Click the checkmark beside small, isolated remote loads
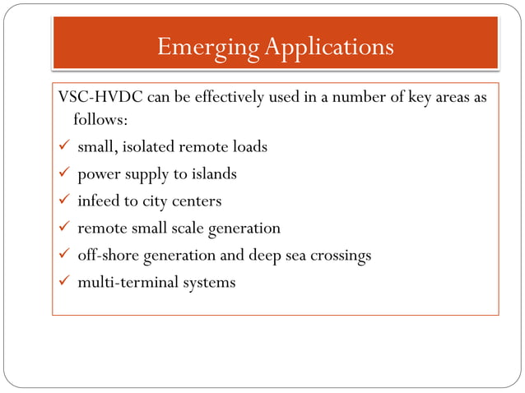click(63, 147)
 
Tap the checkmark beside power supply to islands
click(63, 174)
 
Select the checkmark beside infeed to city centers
click(63, 201)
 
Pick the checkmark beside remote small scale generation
click(63, 229)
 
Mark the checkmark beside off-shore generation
click(63, 256)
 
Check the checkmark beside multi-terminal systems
click(63, 283)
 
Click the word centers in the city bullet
click(197, 201)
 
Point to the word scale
click(189, 229)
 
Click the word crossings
click(341, 256)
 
